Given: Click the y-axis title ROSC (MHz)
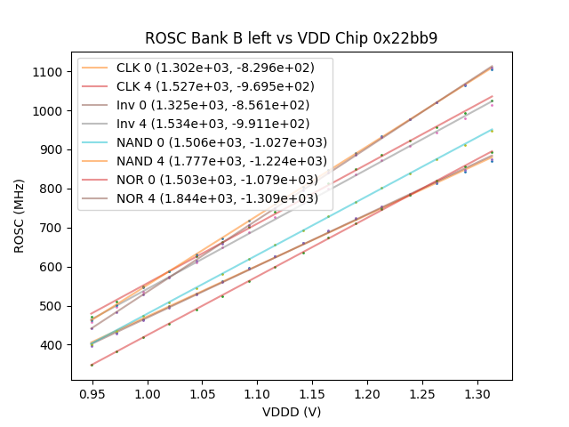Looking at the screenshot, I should point(20,217).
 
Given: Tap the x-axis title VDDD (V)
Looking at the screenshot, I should point(292,412).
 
